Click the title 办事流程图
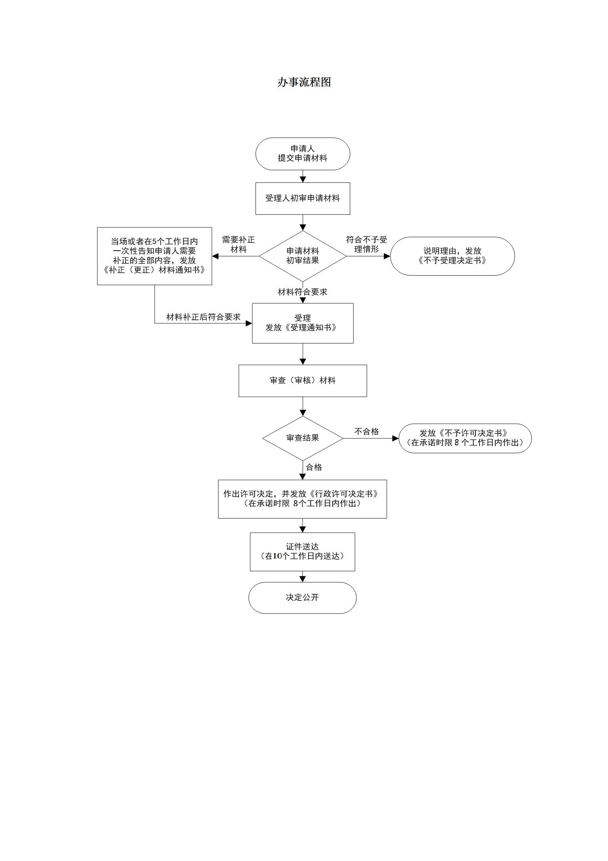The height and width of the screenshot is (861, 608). coord(304,82)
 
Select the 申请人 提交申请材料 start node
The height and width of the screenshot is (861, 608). coord(302,154)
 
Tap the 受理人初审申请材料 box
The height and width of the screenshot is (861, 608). coord(302,198)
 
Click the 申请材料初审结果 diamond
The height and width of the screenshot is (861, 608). coord(302,256)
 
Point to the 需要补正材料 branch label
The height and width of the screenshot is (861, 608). coord(238,244)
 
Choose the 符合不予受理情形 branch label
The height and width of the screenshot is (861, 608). coord(366,244)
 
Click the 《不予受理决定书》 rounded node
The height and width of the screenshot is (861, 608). coord(452,256)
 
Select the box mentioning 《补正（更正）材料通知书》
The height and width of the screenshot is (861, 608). coord(154,256)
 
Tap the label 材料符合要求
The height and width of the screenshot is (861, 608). coord(302,292)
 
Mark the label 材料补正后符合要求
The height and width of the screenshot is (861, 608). coord(203,317)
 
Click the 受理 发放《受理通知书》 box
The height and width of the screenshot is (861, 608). coord(302,323)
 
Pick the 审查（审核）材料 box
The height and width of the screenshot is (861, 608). coord(302,381)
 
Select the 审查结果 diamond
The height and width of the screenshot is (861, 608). coord(302,438)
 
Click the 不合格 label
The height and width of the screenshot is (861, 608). coord(366,431)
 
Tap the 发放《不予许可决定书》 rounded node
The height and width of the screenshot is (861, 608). coord(465,438)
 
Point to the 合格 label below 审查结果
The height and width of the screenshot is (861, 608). coord(314,467)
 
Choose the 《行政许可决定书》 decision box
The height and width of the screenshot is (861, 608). coord(302,499)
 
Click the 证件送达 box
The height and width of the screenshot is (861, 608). coord(302,552)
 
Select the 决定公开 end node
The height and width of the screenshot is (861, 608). coord(302,597)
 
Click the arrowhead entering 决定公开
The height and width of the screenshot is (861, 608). coord(302,579)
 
